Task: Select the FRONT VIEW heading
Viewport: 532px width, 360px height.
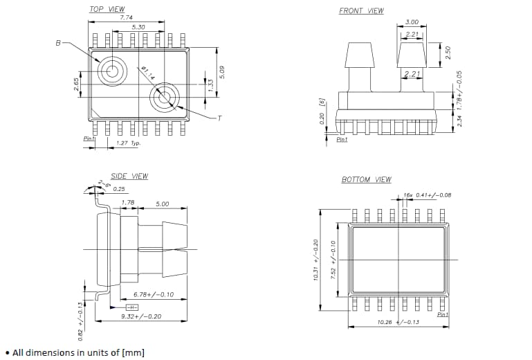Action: coord(361,10)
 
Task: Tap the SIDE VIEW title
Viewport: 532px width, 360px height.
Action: coord(129,176)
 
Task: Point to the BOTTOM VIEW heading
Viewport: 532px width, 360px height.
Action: coord(366,179)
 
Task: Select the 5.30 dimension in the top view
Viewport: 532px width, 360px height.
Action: coord(138,27)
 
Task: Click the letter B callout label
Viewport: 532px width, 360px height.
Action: coord(58,43)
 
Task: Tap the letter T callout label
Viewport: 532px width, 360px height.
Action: coord(220,118)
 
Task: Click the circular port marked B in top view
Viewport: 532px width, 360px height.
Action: coord(111,69)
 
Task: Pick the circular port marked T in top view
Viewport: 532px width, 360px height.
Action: coord(165,97)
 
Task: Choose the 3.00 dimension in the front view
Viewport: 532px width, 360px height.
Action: coord(412,22)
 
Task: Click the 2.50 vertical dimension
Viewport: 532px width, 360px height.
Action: coord(448,53)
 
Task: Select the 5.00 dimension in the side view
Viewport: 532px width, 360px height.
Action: coord(163,204)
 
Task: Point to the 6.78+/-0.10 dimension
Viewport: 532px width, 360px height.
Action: coord(153,294)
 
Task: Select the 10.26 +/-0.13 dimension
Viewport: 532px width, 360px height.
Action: coord(398,322)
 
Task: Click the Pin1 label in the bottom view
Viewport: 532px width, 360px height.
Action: coord(443,314)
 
